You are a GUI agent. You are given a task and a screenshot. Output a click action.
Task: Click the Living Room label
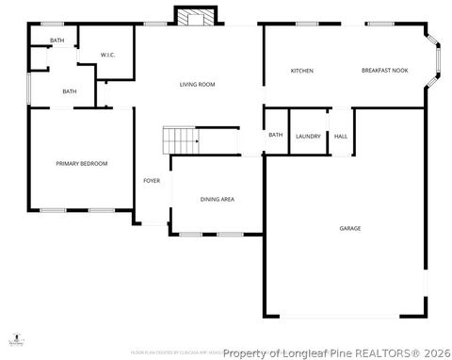click(198, 85)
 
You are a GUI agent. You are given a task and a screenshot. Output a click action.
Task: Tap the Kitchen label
click(301, 72)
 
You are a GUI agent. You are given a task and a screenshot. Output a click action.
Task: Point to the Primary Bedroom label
click(81, 164)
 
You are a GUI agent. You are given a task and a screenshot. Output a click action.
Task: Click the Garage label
click(350, 229)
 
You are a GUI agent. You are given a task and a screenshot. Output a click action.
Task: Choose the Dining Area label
click(218, 200)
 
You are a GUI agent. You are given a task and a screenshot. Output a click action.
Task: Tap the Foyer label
click(151, 180)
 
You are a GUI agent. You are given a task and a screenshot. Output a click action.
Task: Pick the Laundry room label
click(308, 137)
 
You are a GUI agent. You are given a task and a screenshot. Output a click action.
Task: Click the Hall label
click(341, 137)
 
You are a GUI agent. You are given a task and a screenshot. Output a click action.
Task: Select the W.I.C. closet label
click(107, 55)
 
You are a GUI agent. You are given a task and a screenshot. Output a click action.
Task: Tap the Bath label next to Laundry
click(275, 135)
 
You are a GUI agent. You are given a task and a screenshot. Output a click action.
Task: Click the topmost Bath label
click(57, 41)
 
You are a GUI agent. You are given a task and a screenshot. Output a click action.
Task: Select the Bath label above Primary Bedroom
click(70, 91)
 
